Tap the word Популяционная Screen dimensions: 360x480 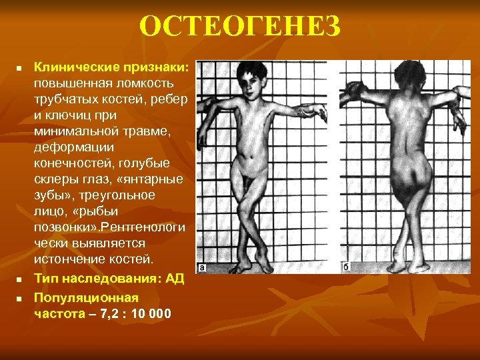coord(86,297)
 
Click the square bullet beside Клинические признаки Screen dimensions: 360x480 coord(20,68)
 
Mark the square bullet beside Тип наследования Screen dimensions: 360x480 coord(20,279)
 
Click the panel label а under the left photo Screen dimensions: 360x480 coord(201,268)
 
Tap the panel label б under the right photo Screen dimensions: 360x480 coord(346,268)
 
